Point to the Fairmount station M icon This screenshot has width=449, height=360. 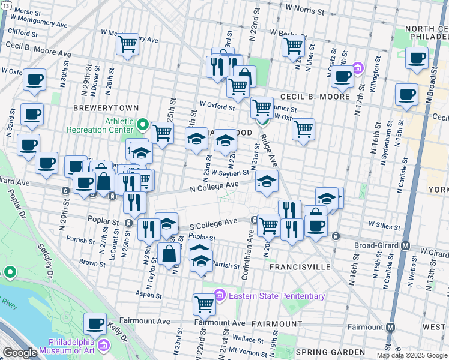pos(390,327)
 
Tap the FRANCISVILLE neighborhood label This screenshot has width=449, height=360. pos(300,266)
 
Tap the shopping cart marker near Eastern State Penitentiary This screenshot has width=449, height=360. pos(204,304)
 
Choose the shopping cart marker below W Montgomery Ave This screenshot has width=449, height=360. pos(127,44)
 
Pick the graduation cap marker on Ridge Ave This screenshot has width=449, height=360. pos(267,181)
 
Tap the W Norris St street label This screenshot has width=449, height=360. pos(304,10)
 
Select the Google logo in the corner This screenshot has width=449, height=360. pos(20,353)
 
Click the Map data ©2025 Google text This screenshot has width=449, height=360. pos(412,355)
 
